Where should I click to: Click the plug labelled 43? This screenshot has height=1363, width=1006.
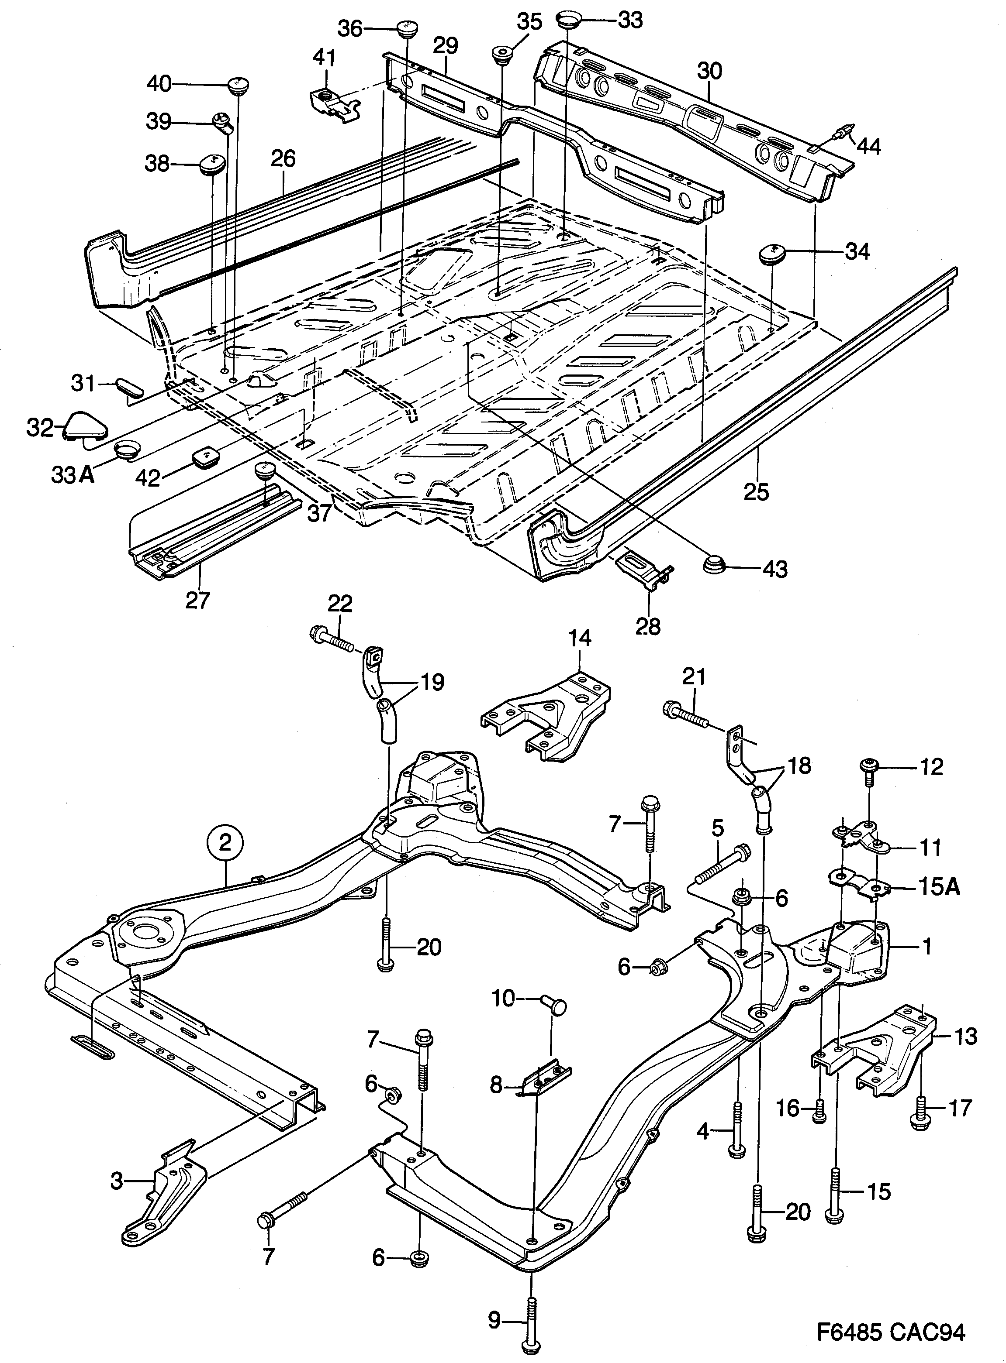[716, 564]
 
